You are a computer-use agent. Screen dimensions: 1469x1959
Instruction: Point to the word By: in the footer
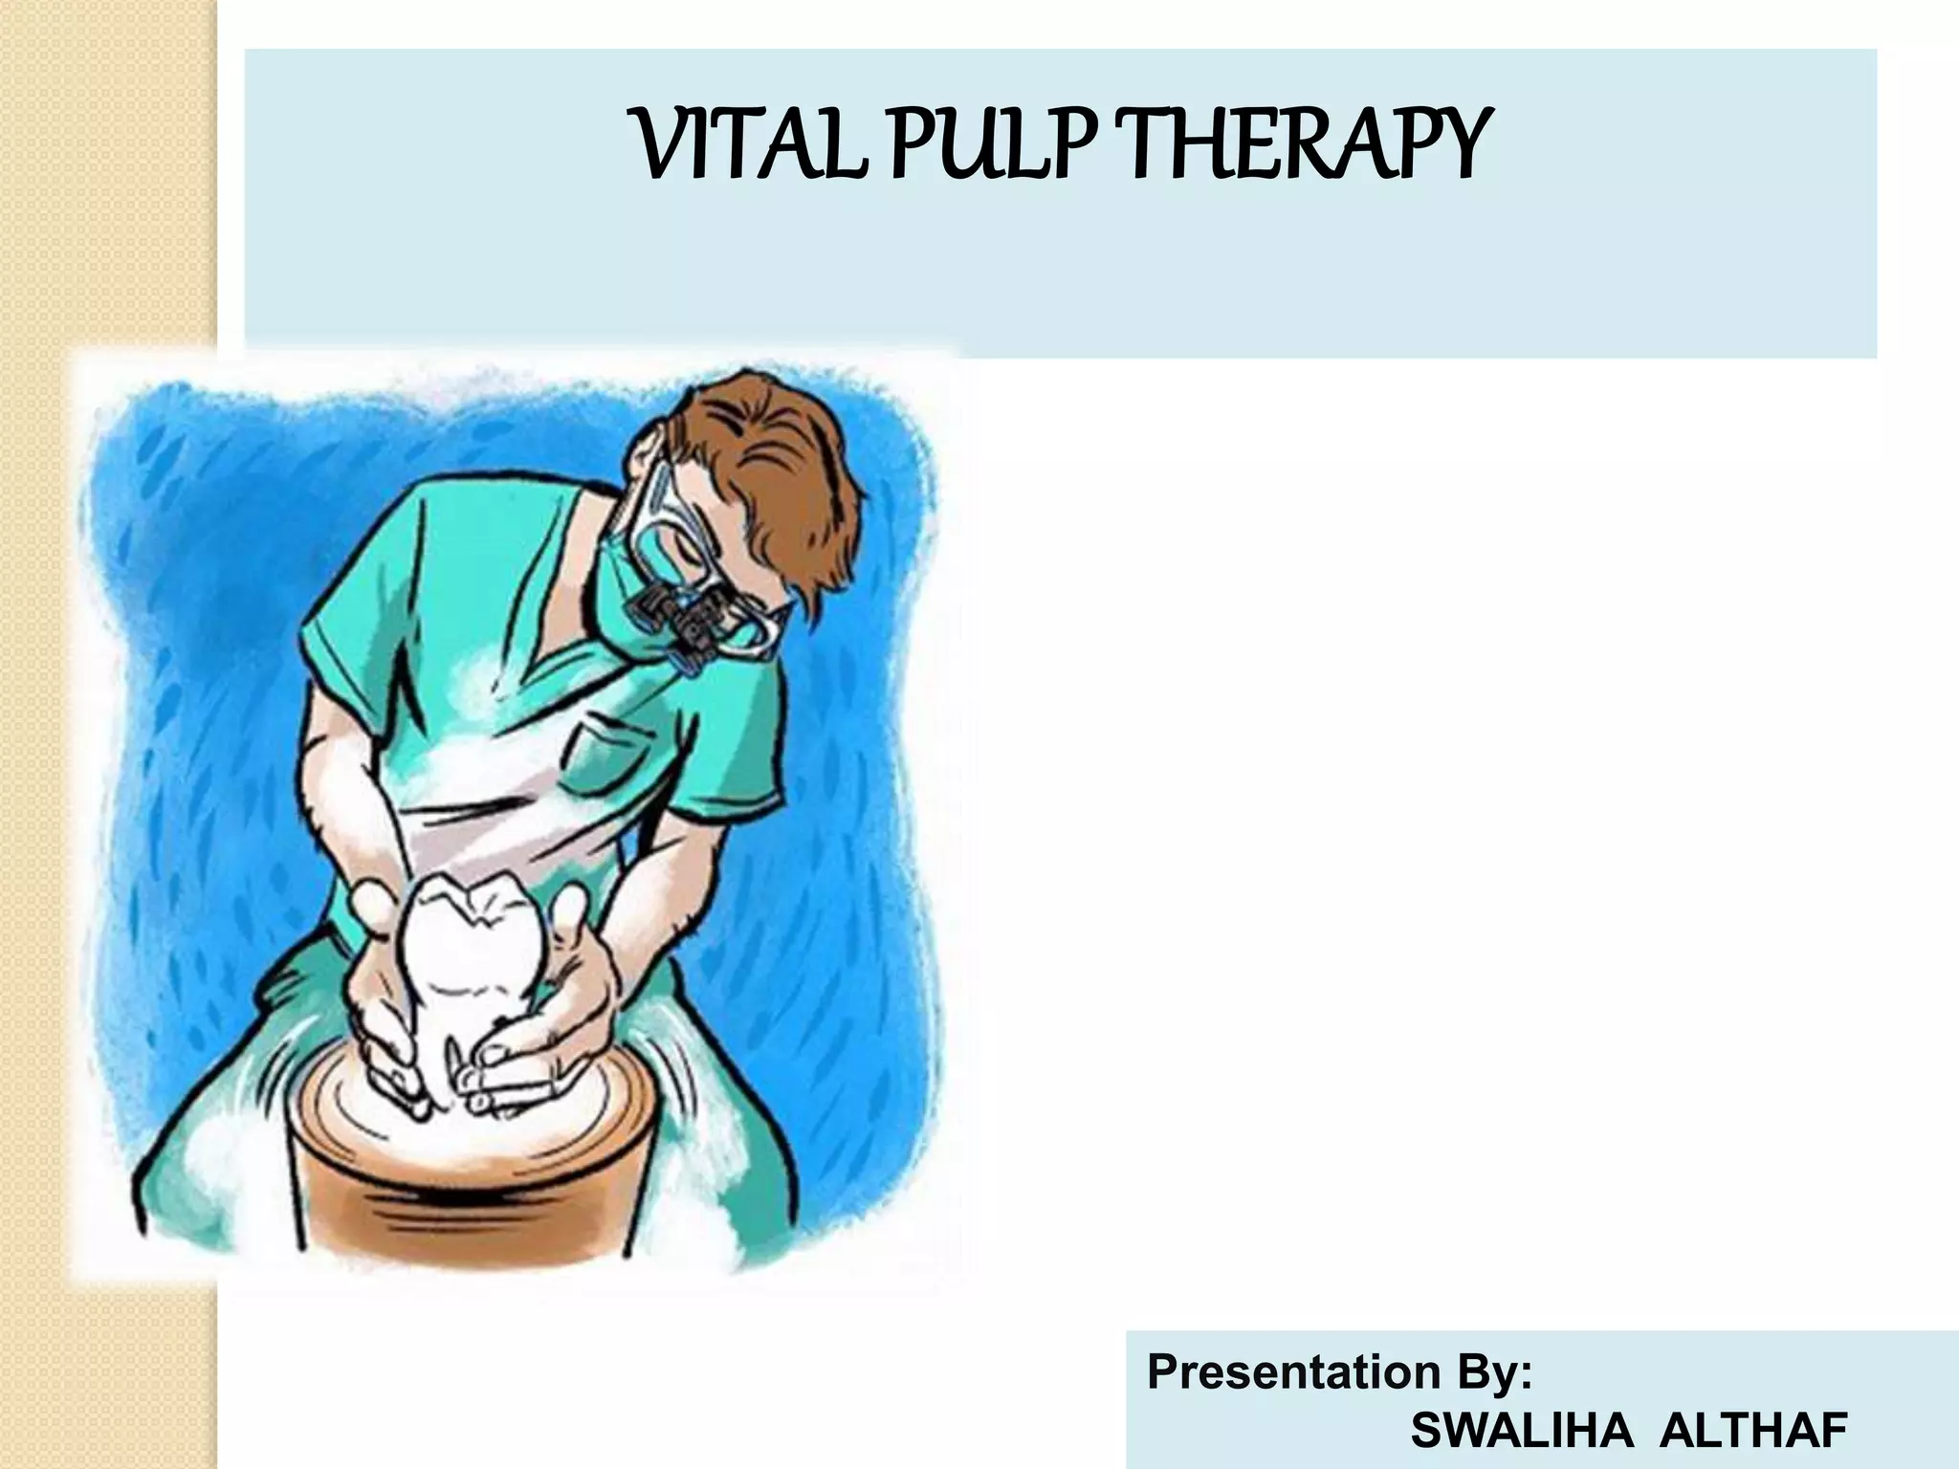click(1488, 1373)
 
